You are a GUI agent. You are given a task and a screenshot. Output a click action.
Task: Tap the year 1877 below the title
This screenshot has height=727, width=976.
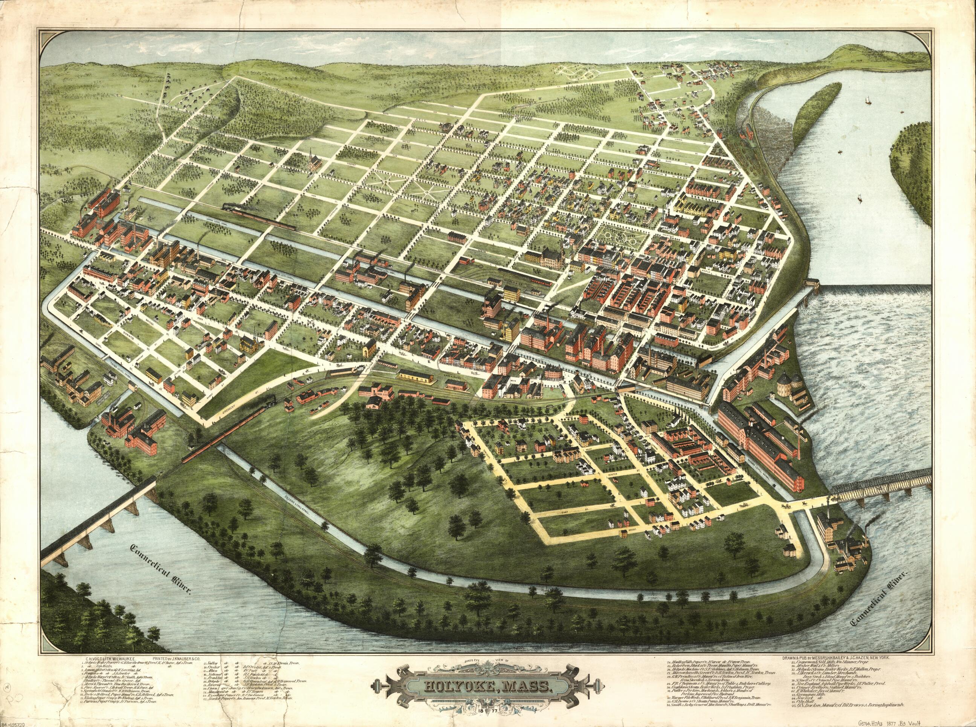point(488,712)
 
